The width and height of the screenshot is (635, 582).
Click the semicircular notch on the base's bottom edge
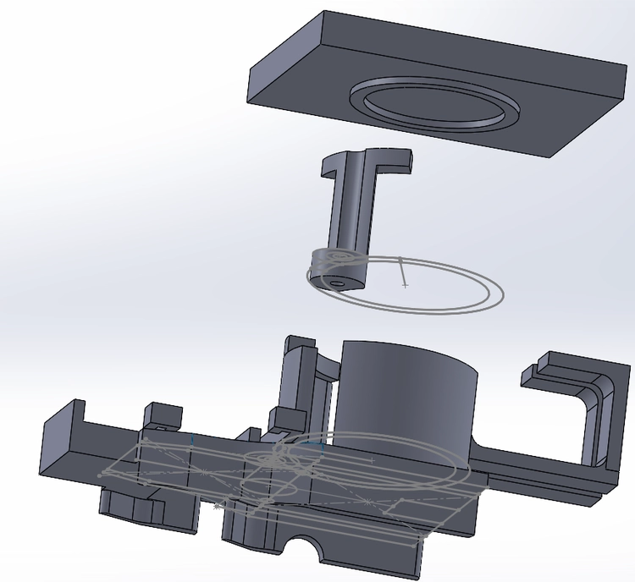(306, 549)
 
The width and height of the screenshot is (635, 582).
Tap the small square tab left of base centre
(164, 415)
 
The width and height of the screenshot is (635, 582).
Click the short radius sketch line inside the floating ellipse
(402, 272)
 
